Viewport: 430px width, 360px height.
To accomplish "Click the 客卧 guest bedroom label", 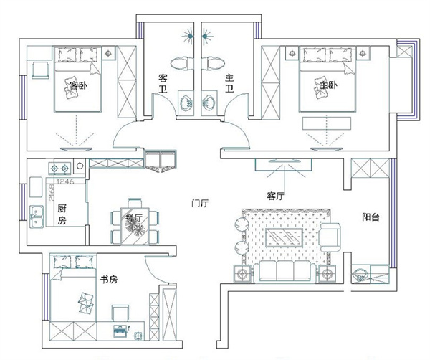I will click(77, 86).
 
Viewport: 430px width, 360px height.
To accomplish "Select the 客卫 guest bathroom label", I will click(163, 84).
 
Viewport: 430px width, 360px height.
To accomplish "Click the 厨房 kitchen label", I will click(62, 213).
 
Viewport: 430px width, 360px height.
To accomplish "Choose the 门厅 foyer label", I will click(200, 203).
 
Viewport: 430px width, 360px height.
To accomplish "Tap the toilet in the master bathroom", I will click(213, 63).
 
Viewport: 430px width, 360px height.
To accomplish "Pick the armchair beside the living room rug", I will click(331, 237).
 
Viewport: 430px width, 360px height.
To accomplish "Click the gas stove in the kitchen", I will click(59, 169).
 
